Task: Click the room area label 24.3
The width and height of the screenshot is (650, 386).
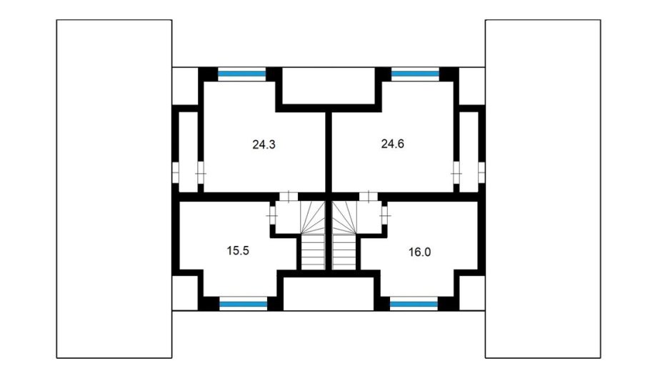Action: coord(264,144)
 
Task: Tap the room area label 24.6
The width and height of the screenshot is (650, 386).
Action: coord(393,144)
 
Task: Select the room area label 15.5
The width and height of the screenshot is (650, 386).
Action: coord(238,251)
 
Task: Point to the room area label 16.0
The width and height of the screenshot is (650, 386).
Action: coord(419,252)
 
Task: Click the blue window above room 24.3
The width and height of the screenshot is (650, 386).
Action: coord(241,74)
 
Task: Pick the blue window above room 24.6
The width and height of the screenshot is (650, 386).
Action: coord(415,74)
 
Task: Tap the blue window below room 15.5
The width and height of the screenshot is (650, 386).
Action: coord(244,305)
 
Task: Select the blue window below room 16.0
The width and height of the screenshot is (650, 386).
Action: coord(414,305)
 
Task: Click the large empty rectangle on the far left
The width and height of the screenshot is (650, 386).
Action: coord(114,189)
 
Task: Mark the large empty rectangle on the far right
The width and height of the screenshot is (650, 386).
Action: coord(543,189)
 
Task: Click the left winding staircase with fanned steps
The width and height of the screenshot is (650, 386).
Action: coord(313,217)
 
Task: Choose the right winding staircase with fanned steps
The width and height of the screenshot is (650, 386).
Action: coord(344,217)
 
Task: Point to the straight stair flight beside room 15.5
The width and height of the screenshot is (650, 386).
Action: coord(313,252)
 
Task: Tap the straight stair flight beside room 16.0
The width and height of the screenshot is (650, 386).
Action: coord(344,252)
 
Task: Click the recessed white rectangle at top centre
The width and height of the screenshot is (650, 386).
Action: coord(329,86)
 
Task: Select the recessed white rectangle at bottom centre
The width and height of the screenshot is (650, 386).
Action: coord(329,294)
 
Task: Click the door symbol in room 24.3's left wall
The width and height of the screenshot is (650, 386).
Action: coord(201,172)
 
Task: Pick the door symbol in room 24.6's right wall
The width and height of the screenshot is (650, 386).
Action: coord(456,172)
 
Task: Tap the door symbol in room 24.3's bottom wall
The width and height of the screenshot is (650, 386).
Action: coord(289,197)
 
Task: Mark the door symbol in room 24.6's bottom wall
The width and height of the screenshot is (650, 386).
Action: coord(368,197)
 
